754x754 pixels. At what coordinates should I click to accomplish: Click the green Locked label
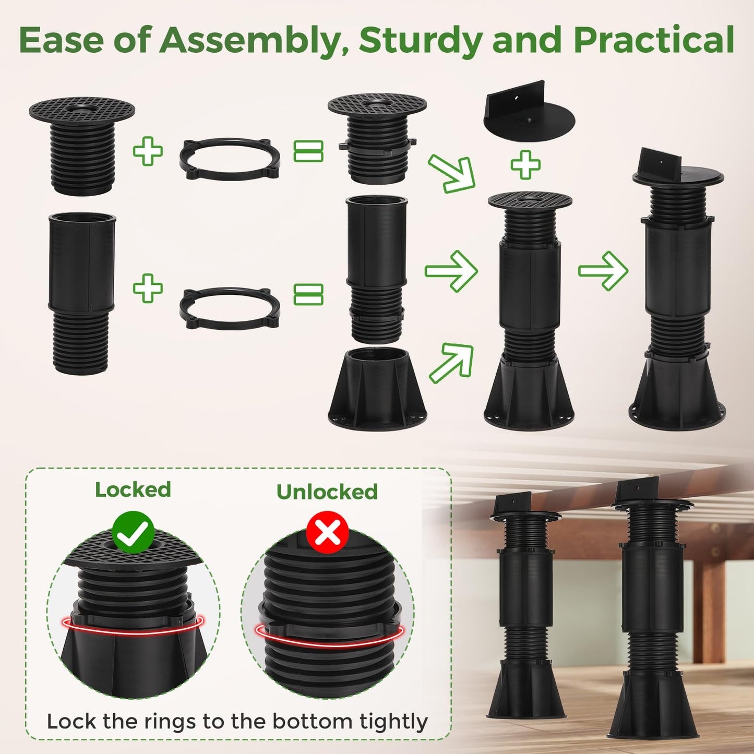pyautogui.click(x=133, y=489)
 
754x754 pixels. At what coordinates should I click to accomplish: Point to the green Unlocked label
pyautogui.click(x=327, y=492)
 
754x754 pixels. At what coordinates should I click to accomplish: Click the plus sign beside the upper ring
pyautogui.click(x=148, y=150)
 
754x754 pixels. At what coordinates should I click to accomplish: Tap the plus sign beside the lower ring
pyautogui.click(x=148, y=288)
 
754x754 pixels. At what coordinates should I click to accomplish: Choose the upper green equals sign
pyautogui.click(x=309, y=151)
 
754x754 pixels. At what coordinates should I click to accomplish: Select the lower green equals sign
pyautogui.click(x=309, y=294)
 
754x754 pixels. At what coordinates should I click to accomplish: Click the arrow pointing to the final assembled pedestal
pyautogui.click(x=603, y=271)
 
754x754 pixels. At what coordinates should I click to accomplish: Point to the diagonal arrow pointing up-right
pyautogui.click(x=451, y=362)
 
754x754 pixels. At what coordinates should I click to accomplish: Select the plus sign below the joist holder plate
pyautogui.click(x=525, y=165)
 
